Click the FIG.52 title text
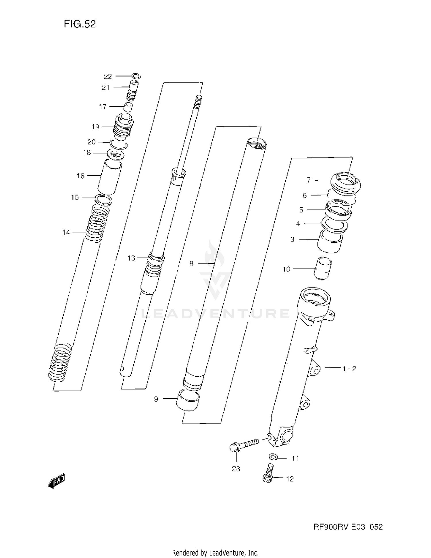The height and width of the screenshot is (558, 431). [80, 24]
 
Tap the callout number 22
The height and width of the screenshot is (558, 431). [108, 76]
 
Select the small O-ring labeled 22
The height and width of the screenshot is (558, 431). [136, 76]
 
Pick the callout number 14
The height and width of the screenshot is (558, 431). [66, 232]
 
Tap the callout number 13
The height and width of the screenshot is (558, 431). [131, 258]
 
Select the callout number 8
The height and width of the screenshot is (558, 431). [191, 263]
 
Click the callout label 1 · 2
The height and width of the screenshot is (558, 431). [349, 369]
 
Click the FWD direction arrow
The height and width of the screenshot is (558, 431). [56, 481]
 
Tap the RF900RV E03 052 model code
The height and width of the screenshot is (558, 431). [348, 527]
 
